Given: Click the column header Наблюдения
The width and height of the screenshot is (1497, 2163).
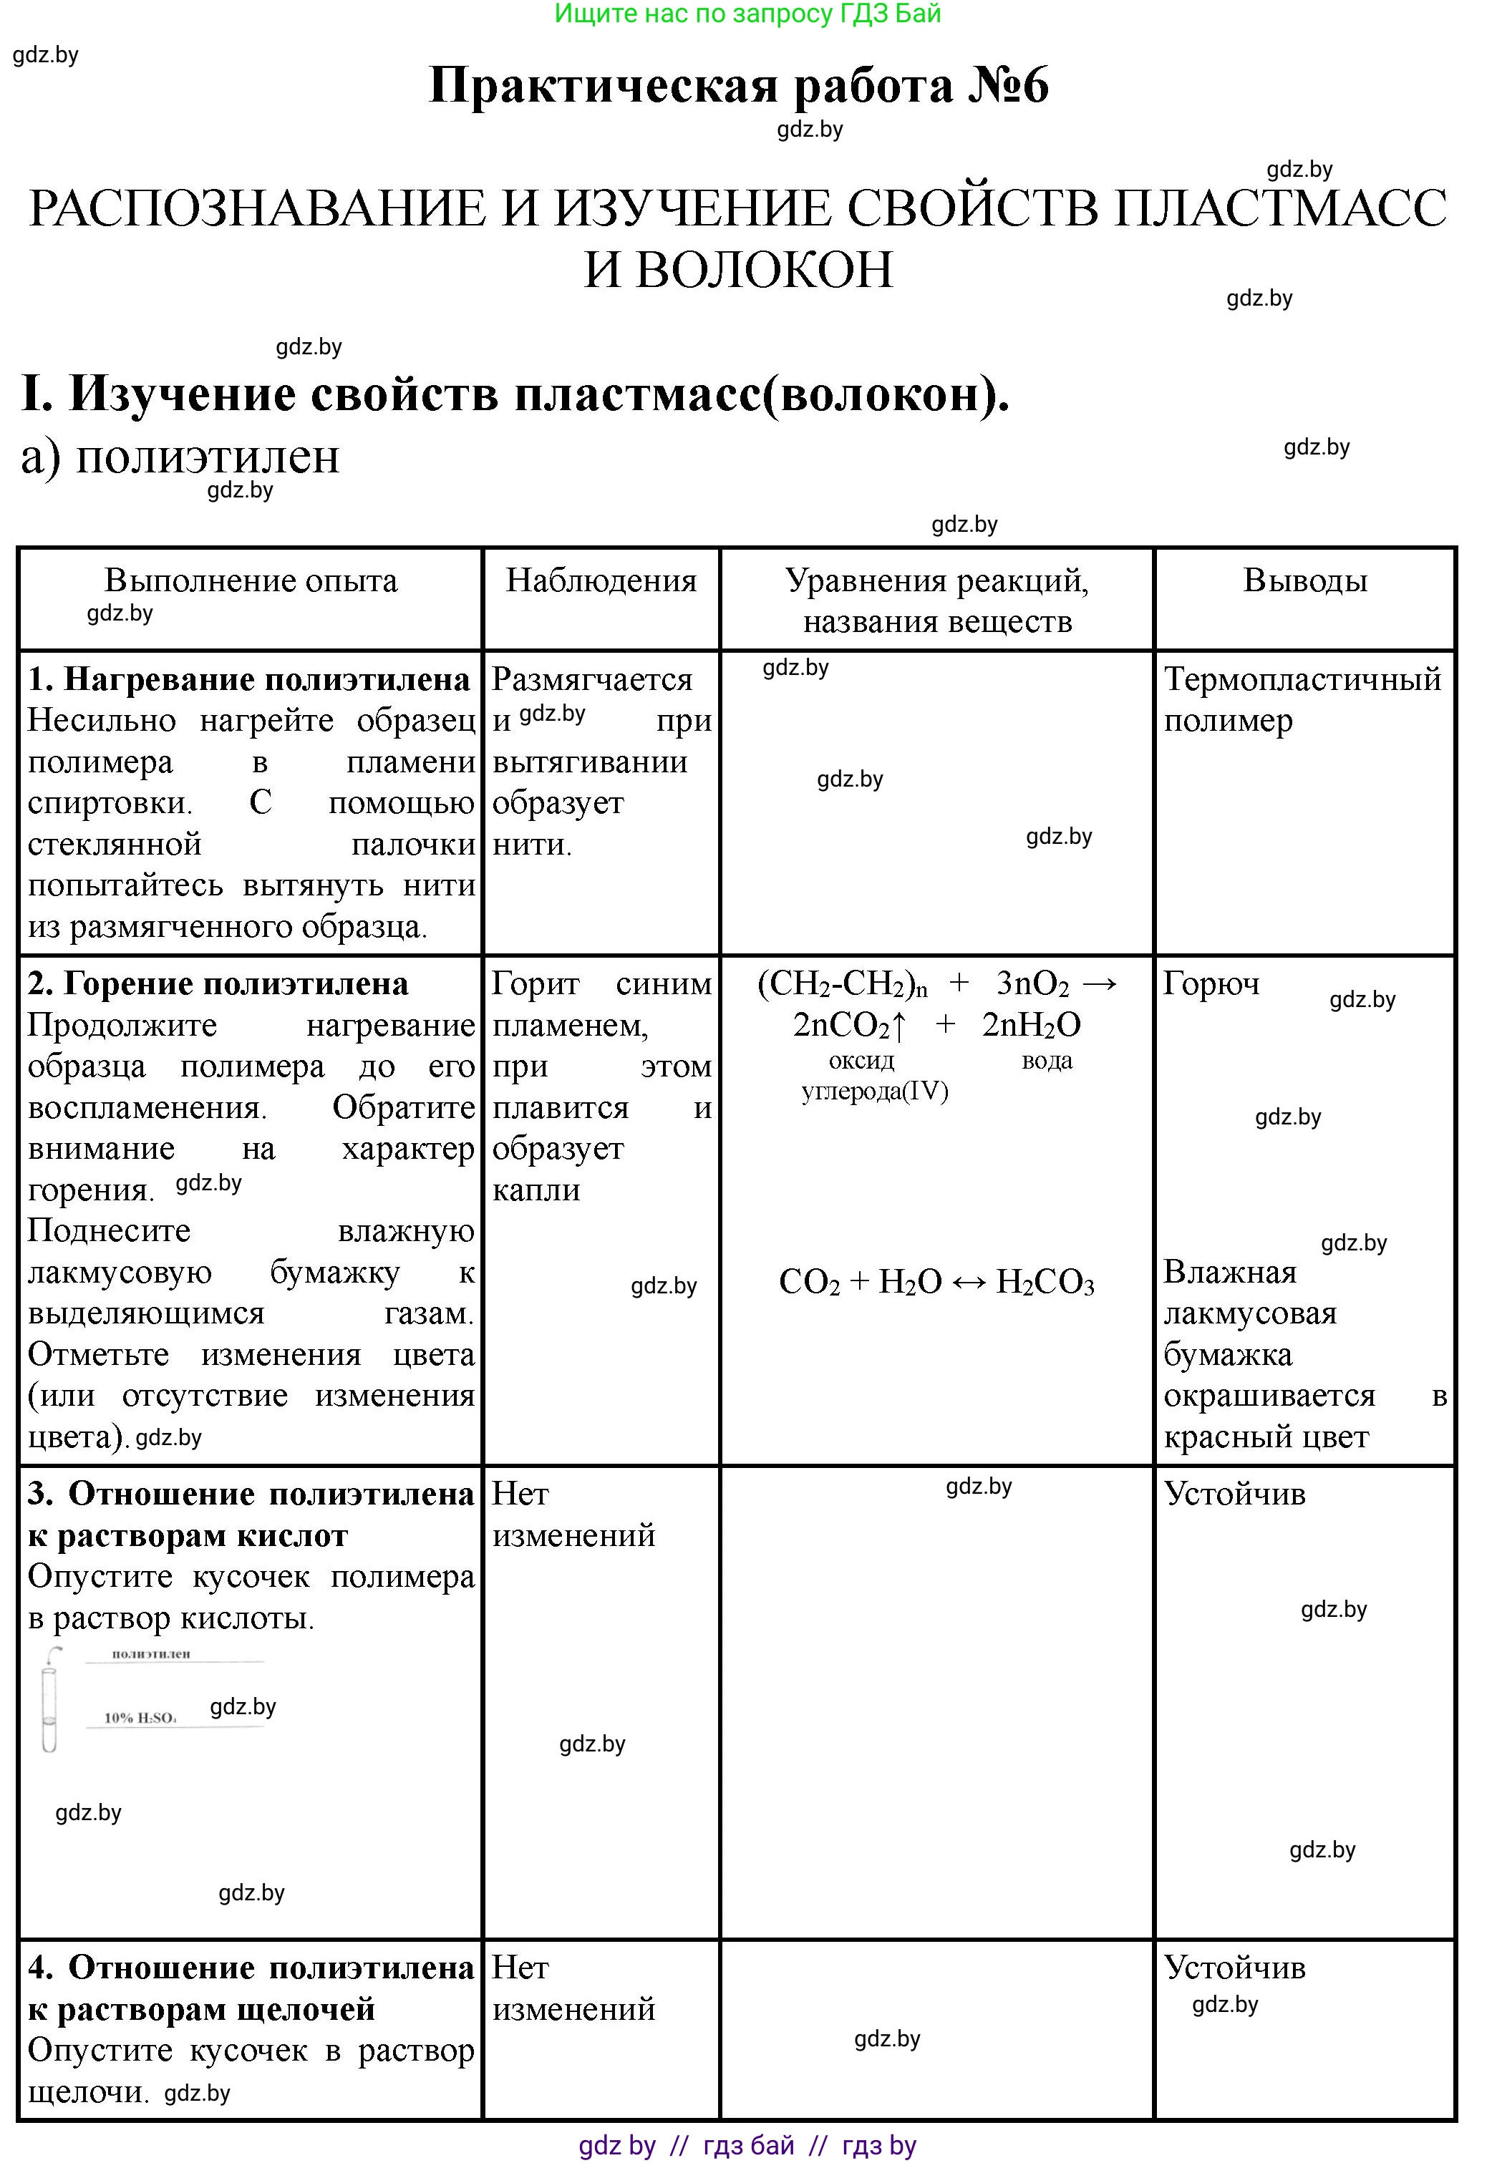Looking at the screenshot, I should pos(601,580).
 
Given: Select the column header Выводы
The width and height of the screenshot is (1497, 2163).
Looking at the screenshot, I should pos(1304,580).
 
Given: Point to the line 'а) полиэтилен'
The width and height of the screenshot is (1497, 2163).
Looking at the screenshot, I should pos(180,457).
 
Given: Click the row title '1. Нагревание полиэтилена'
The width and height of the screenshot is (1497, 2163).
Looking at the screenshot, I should pos(248,679).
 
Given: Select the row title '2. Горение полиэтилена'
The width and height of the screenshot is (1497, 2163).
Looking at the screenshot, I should pos(218,983).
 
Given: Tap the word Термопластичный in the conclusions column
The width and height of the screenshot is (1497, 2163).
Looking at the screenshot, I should pos(1302,679).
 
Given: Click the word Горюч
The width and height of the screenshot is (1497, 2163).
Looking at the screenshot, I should pos(1211,983).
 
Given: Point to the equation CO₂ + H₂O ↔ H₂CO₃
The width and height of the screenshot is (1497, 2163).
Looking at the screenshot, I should pos(936,1282).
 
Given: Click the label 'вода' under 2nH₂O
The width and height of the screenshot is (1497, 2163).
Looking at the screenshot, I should pos(1047,1061).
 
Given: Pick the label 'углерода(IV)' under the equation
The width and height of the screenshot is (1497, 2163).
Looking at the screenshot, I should pos(875,1092).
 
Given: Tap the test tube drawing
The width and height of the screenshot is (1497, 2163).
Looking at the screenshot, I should pos(49,1700).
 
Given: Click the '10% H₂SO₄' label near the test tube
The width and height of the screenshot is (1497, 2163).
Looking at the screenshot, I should pos(140,1718).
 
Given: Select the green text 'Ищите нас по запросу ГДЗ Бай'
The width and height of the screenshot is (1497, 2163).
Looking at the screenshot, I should pos(747,14).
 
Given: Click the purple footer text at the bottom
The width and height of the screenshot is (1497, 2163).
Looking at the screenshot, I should pos(747,2144).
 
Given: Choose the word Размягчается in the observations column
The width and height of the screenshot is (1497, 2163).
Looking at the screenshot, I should pos(592,679).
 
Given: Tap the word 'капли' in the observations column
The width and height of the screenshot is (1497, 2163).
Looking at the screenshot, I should pos(536,1190).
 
